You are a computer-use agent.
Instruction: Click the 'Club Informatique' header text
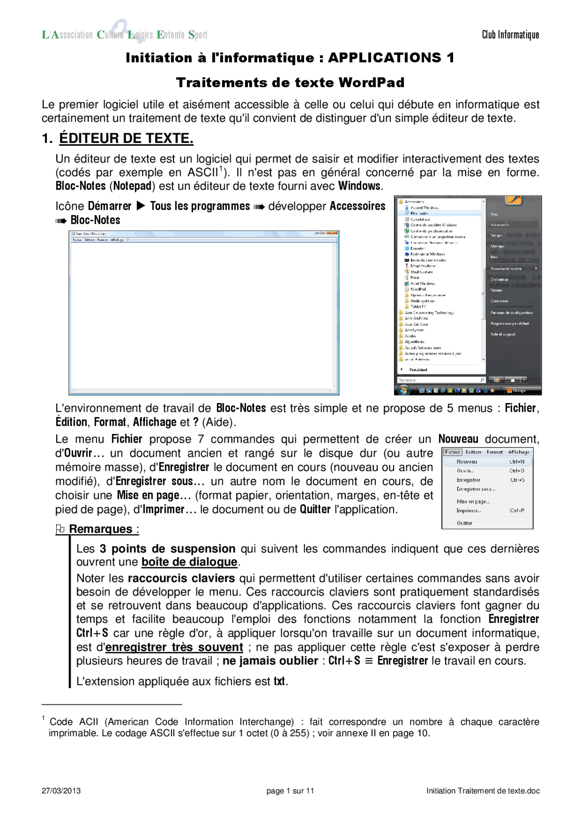pos(510,35)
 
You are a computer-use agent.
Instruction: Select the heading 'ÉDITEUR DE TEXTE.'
pos(126,138)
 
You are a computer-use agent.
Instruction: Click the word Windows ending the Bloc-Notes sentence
pos(359,186)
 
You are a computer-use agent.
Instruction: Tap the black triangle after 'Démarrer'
pos(141,206)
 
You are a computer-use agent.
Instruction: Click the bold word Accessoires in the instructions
pos(357,206)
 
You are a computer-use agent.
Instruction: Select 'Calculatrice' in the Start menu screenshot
pos(420,219)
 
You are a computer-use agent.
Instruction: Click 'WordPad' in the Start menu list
pos(418,289)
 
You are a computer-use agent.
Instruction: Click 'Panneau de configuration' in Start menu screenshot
pos(511,313)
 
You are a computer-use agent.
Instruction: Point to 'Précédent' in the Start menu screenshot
pos(418,369)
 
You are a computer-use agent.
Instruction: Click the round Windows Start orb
pos(403,390)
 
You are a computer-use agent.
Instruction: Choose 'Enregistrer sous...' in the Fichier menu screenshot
pos(476,489)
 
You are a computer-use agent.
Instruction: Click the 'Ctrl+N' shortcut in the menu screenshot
pos(517,462)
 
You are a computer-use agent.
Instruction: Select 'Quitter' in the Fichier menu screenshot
pos(464,523)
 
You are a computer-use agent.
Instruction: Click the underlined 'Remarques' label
pos(101,529)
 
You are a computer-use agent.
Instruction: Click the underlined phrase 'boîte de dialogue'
pos(189,562)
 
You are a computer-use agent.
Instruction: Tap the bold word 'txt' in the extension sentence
pos(279,681)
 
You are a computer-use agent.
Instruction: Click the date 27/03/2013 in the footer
pos(61,791)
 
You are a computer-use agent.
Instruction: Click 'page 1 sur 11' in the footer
pos(290,791)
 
